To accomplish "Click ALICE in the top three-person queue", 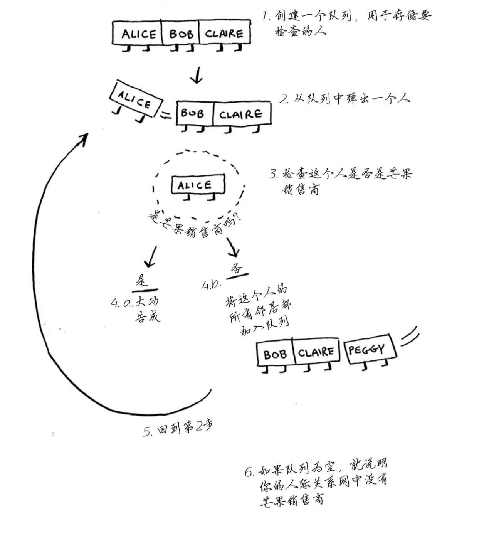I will click(138, 34).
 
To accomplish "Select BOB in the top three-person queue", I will click(180, 34).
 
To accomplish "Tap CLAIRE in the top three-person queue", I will click(224, 34).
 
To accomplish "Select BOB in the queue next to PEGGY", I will click(275, 354).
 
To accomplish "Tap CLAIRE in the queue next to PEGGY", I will click(316, 352).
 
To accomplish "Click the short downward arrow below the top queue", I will click(197, 75).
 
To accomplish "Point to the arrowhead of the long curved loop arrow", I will click(82, 139).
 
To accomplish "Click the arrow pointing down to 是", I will click(151, 256).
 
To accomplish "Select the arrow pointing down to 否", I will click(232, 247).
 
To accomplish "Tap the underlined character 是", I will click(142, 281).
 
